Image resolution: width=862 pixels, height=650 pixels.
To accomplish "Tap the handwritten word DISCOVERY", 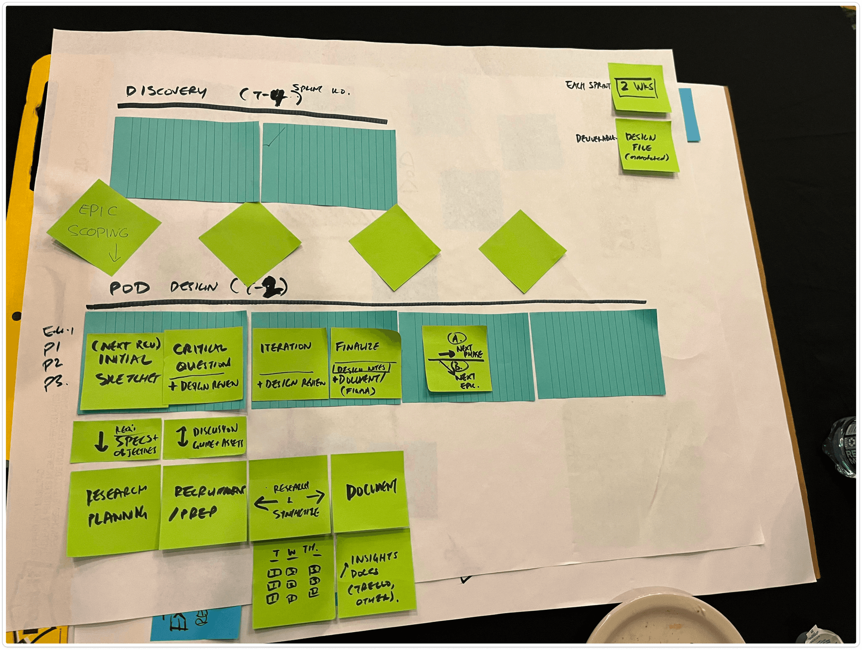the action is [x=166, y=91].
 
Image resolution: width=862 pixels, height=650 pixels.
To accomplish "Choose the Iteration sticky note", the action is [x=290, y=364].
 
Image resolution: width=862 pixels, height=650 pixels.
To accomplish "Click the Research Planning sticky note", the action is [x=114, y=509].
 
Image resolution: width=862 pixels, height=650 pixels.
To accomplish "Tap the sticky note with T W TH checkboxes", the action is [x=293, y=582].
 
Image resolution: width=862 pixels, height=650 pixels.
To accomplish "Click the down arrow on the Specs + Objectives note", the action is [x=101, y=442].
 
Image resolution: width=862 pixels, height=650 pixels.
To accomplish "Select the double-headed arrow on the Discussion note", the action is [x=182, y=437].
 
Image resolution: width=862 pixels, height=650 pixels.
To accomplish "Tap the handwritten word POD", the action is [x=130, y=288].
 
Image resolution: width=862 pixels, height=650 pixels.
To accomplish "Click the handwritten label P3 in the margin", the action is [x=55, y=384].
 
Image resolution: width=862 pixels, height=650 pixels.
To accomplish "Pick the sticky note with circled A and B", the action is [x=457, y=359].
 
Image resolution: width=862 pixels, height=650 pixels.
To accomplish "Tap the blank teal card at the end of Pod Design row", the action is [x=596, y=354].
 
